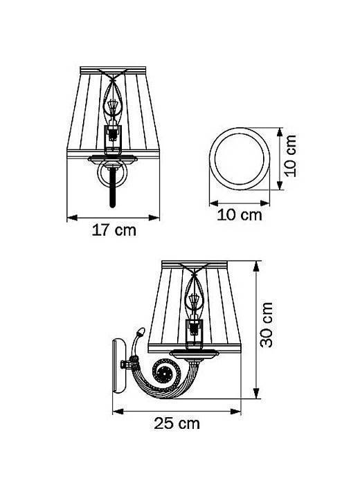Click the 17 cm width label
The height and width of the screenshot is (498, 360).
click(114, 231)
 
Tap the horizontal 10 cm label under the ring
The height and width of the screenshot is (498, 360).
click(240, 214)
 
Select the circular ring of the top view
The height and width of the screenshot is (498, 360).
click(240, 158)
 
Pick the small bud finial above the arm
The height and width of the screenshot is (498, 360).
click(141, 333)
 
